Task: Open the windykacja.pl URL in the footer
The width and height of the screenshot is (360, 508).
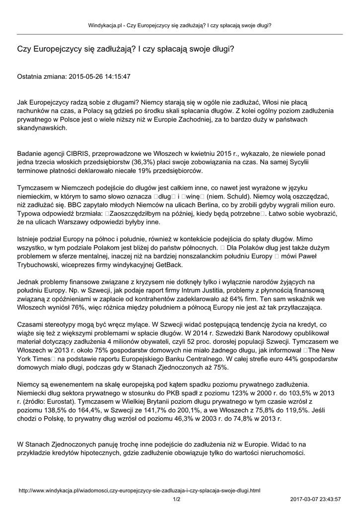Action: point(139,490)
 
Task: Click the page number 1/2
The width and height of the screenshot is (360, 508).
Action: point(176,499)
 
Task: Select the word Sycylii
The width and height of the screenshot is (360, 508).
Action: point(306,162)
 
